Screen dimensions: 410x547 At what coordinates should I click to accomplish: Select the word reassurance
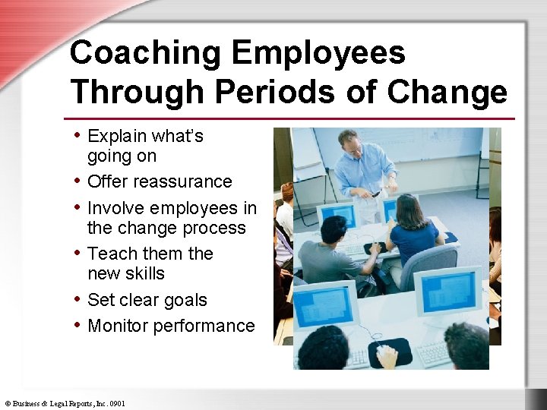[183, 182]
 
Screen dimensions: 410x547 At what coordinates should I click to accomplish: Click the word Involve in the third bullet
[116, 208]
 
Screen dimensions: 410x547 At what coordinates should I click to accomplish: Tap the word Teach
[111, 254]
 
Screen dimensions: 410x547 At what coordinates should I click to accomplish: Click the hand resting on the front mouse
[387, 352]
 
